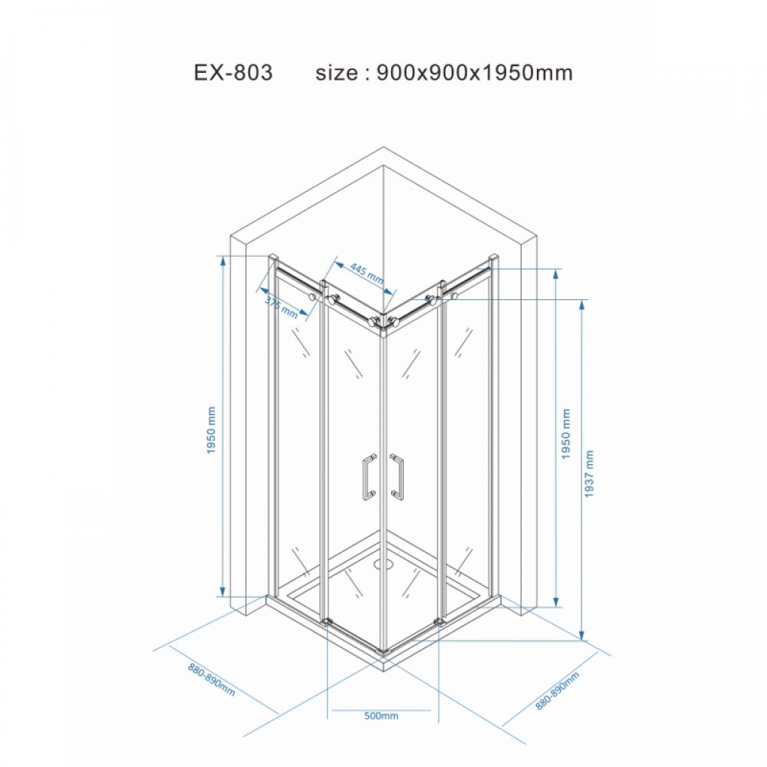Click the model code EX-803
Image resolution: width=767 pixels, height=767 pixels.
click(x=233, y=72)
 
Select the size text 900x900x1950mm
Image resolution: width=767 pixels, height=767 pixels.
click(x=475, y=72)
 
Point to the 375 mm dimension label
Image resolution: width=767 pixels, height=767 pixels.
click(x=281, y=308)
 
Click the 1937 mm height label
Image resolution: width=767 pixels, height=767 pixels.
click(x=589, y=474)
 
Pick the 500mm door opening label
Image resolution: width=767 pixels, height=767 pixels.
click(x=381, y=716)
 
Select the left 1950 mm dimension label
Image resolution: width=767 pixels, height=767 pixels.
click(x=211, y=430)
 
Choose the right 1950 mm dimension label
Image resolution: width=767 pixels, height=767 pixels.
click(x=566, y=434)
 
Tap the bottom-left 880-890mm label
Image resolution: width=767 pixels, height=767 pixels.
click(x=212, y=680)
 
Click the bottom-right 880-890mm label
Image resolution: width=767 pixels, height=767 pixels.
click(x=557, y=690)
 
